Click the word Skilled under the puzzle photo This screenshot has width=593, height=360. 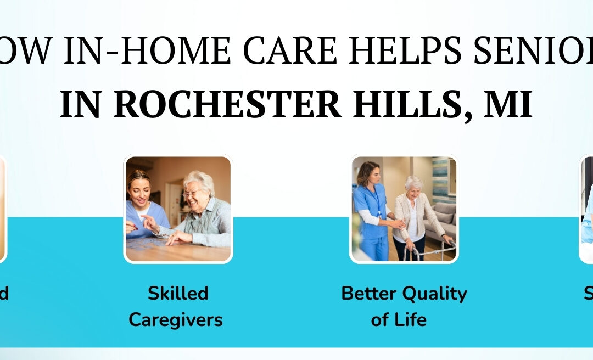click(x=178, y=294)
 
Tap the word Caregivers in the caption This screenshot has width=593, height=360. click(x=176, y=319)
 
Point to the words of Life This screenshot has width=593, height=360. click(x=399, y=319)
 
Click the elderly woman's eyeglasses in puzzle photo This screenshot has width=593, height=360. click(x=193, y=193)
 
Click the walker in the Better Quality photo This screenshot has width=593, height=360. click(x=431, y=250)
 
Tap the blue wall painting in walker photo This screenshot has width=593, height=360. click(x=443, y=172)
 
